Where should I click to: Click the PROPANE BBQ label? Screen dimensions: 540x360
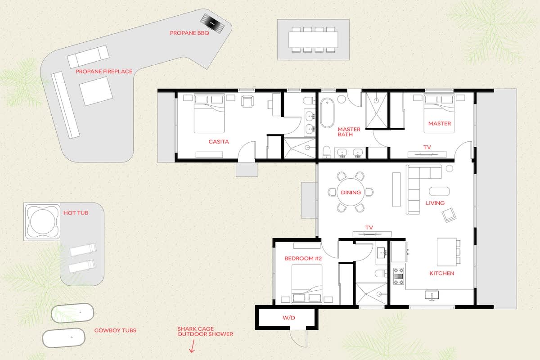[x=189, y=33]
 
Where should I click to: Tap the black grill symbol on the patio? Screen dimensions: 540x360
[x=212, y=23]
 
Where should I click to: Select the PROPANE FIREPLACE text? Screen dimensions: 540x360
[x=104, y=72]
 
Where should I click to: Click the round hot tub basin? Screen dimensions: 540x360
[x=43, y=222]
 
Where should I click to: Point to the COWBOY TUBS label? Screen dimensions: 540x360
[x=115, y=330]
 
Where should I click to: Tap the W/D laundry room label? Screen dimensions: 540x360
[x=289, y=318]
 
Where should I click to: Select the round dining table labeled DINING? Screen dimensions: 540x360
[x=351, y=192]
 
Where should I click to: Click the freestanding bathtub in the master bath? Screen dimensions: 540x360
[x=327, y=112]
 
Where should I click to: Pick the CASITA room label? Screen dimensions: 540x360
[x=219, y=142]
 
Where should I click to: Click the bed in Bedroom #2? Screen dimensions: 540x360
[x=307, y=283]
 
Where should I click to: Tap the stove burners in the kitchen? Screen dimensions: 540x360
[x=399, y=276]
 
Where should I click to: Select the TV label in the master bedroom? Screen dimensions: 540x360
[x=427, y=147]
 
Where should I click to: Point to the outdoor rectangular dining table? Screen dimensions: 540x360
[x=313, y=40]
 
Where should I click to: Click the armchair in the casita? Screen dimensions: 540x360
[x=247, y=101]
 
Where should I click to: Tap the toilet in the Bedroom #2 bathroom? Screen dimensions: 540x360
[x=381, y=274]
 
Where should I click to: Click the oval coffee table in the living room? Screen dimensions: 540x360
[x=439, y=191]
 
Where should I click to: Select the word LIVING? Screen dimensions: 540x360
[x=435, y=203]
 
